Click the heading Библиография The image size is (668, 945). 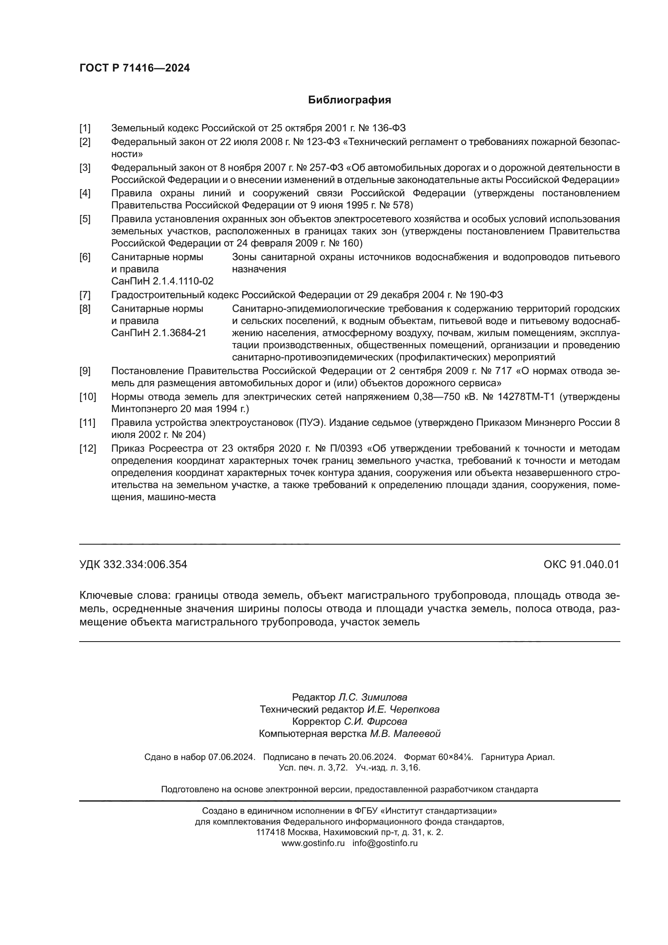click(x=349, y=100)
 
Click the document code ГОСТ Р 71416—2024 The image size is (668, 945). click(x=134, y=68)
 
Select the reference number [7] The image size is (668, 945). click(x=85, y=295)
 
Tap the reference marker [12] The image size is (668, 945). click(x=87, y=448)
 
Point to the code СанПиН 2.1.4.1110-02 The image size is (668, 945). click(x=162, y=281)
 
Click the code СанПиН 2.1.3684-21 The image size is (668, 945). click(x=158, y=333)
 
